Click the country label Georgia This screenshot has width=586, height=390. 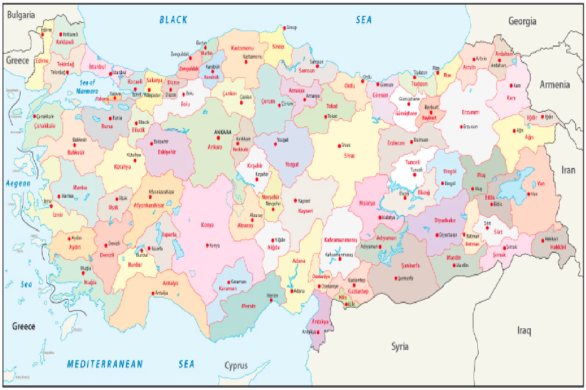[522, 21]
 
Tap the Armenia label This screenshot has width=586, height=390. [555, 85]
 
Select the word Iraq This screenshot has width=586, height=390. [524, 331]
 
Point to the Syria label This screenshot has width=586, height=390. [400, 347]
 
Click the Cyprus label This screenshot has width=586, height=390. [236, 366]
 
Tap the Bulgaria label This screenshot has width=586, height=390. [21, 15]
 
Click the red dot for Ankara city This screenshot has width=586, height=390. [218, 138]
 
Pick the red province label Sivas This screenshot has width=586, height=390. [349, 155]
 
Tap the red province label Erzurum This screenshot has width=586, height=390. [470, 112]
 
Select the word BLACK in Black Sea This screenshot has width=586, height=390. [173, 20]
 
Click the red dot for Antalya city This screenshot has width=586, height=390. [153, 293]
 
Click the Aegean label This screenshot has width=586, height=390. [18, 184]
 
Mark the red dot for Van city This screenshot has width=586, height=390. [528, 194]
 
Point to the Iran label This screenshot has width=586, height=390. [568, 170]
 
